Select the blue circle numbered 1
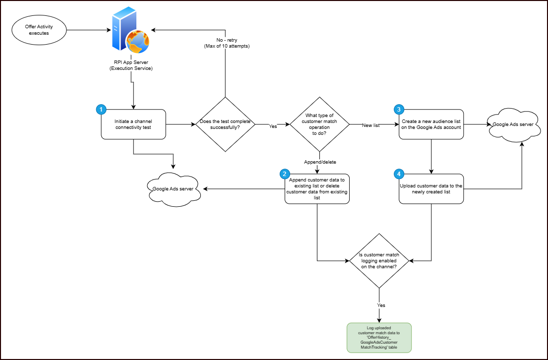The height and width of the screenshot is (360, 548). [x=101, y=109]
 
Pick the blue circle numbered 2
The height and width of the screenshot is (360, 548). [x=284, y=174]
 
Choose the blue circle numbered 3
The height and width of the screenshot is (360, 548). [x=398, y=109]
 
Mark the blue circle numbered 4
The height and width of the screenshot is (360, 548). [x=398, y=174]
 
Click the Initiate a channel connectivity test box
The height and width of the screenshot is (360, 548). [x=133, y=124]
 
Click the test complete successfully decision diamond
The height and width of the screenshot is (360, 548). [x=225, y=124]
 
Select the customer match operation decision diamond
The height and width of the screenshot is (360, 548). [x=319, y=124]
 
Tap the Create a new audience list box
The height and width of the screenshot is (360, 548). [x=431, y=124]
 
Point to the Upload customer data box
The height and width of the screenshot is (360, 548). [x=431, y=189]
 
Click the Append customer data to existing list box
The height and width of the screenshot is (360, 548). [x=317, y=189]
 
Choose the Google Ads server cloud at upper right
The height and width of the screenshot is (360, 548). [x=512, y=124]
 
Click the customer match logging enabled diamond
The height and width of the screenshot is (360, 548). [x=379, y=260]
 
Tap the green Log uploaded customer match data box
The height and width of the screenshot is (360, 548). [x=379, y=337]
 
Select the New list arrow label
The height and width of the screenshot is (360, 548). [x=370, y=125]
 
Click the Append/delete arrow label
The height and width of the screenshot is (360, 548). [x=319, y=162]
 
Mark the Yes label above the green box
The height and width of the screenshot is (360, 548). [x=381, y=305]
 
